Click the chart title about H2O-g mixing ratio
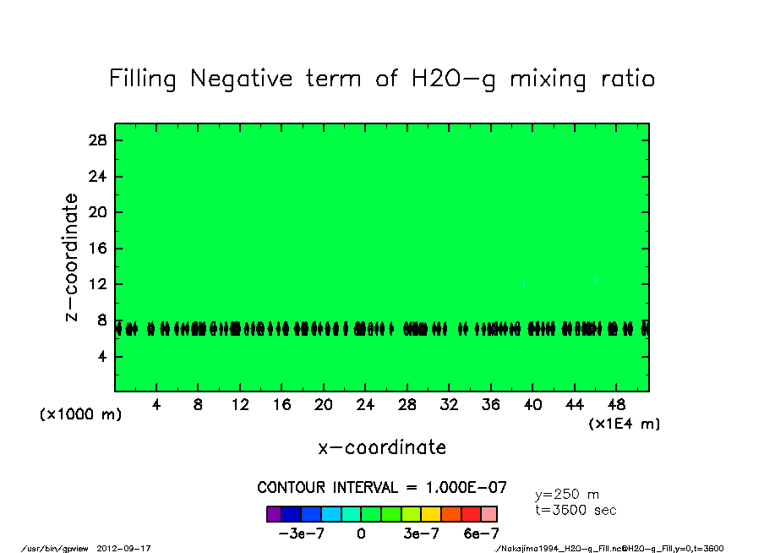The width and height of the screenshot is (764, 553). click(382, 79)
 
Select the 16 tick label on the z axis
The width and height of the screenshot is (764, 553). click(98, 249)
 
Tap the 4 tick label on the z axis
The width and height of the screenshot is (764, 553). click(102, 357)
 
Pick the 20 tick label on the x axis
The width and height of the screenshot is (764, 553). click(323, 404)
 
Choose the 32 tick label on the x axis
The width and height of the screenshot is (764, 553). click(449, 404)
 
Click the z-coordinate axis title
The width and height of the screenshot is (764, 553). click(72, 257)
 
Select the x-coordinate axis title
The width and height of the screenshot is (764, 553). click(382, 447)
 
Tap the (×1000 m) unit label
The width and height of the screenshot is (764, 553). click(80, 415)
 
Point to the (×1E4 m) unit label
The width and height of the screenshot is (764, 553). click(625, 424)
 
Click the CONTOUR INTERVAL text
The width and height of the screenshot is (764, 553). click(382, 488)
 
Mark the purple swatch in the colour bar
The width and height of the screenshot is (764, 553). click(274, 513)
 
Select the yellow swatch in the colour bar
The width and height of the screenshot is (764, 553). click(431, 513)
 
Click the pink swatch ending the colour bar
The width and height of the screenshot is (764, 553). click(489, 513)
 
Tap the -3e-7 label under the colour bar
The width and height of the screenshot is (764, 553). click(299, 534)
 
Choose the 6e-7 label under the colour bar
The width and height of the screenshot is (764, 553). click(482, 534)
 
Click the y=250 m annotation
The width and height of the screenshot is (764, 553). click(567, 495)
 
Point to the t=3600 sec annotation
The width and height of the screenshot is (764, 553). click(576, 510)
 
